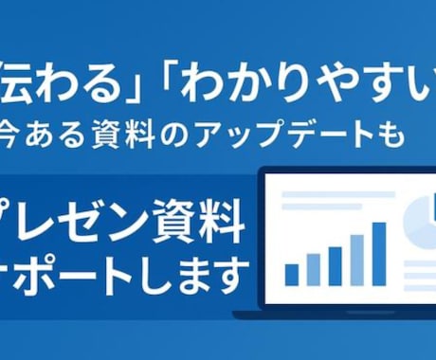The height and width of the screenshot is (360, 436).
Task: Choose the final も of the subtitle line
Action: pyautogui.click(x=392, y=135)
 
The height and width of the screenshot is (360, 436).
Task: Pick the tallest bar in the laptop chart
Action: pyautogui.click(x=379, y=254)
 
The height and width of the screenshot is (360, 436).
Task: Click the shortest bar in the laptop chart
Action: pyautogui.click(x=292, y=275)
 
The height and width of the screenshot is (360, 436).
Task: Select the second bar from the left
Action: pyautogui.click(x=314, y=270)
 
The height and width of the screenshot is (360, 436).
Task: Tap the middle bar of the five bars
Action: pyautogui.click(x=336, y=266)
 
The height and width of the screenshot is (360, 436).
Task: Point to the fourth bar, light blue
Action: pyautogui.click(x=357, y=261)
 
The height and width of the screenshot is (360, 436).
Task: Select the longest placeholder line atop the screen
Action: pyautogui.click(x=338, y=194)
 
